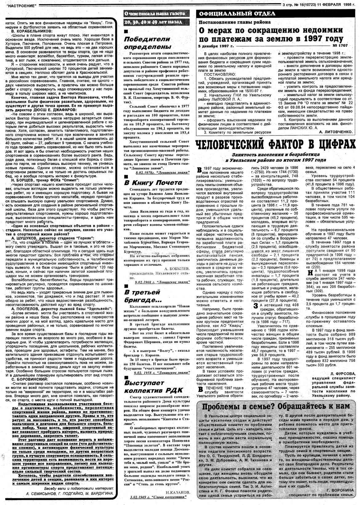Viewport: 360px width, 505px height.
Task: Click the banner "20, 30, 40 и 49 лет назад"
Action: point(152,22)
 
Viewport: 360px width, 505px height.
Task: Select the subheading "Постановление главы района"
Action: point(235,22)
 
